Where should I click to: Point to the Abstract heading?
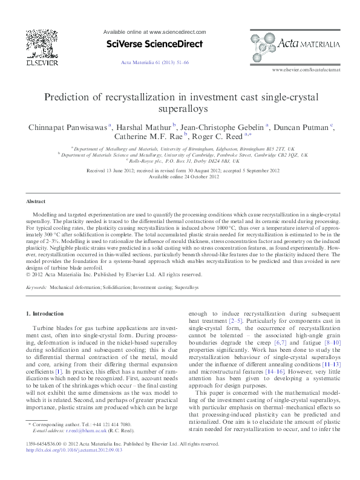(x=36, y=201)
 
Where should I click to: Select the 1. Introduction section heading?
(x=45, y=314)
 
